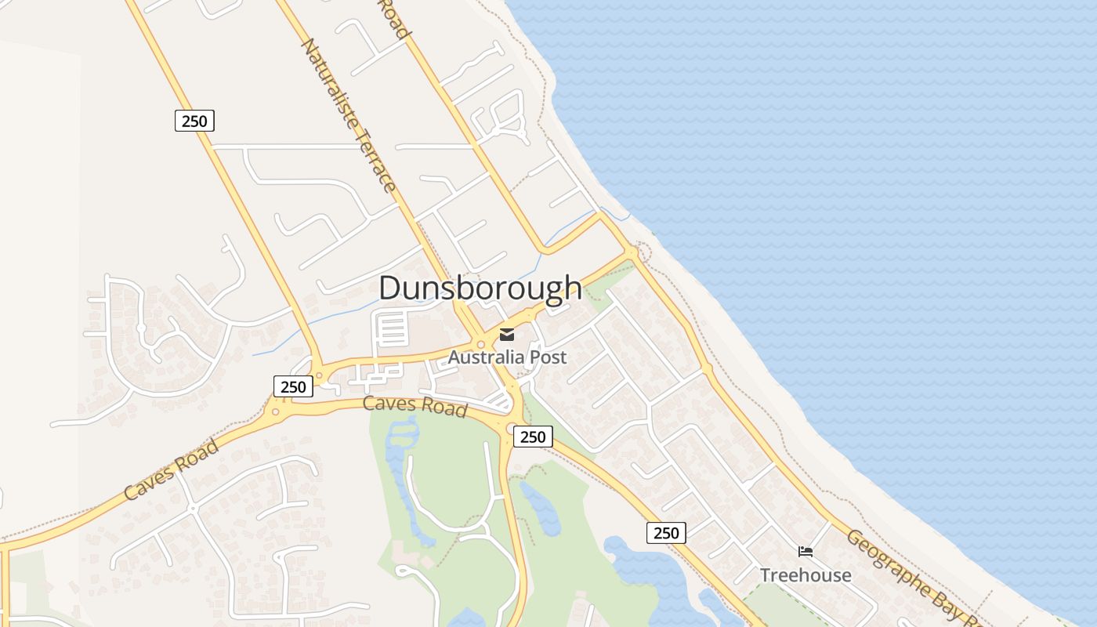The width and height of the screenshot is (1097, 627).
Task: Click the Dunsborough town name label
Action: click(x=480, y=288)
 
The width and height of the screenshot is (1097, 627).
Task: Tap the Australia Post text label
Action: click(x=507, y=357)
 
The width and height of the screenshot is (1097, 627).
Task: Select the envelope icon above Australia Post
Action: click(x=507, y=335)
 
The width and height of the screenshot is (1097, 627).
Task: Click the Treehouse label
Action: click(x=805, y=575)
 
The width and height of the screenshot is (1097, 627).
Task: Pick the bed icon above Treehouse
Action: click(x=805, y=552)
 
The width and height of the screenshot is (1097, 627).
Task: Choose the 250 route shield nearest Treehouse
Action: click(x=666, y=533)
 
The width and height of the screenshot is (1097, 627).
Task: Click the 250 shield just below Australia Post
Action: click(x=533, y=437)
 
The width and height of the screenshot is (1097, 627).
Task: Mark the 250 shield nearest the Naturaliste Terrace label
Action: click(x=194, y=121)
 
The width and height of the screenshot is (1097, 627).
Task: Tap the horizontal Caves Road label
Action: click(x=415, y=406)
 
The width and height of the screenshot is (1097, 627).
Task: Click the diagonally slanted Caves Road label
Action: click(x=172, y=469)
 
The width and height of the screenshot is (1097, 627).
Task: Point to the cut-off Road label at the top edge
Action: click(x=395, y=17)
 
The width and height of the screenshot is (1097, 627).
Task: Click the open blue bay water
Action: click(x=862, y=196)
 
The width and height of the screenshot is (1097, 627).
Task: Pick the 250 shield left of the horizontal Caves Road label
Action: click(x=293, y=386)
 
